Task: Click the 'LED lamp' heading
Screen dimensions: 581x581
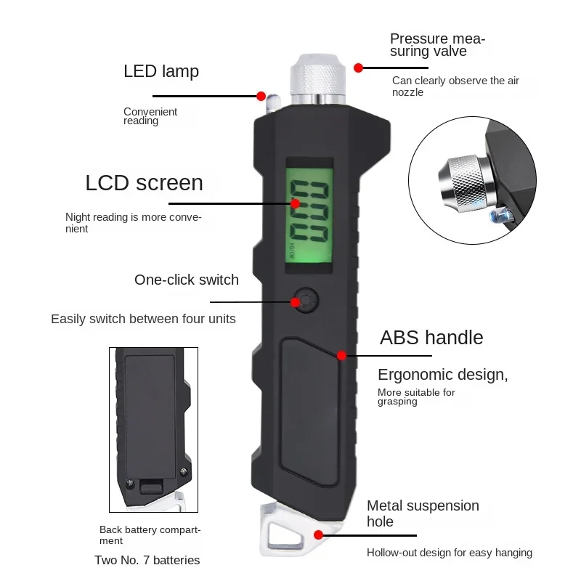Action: [x=161, y=71]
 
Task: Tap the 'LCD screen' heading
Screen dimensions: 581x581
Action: [x=144, y=182]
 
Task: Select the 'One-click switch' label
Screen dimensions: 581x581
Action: [x=187, y=280]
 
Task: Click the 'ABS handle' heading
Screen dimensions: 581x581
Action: [x=431, y=338]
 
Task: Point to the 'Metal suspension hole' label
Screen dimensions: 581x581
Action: [x=422, y=513]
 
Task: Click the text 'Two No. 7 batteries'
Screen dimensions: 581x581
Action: [x=147, y=560]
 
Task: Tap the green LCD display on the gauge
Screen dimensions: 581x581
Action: [x=308, y=216]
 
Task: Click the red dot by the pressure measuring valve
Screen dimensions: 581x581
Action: [x=358, y=68]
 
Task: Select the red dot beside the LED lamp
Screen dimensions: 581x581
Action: [x=261, y=95]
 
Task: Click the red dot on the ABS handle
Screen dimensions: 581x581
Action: [x=341, y=356]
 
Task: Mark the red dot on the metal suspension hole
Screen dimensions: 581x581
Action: [x=318, y=534]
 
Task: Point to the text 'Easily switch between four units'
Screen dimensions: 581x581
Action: [x=143, y=319]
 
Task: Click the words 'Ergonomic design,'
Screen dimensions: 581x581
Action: [x=442, y=375]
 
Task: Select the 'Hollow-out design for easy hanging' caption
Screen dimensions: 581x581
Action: [x=449, y=553]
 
